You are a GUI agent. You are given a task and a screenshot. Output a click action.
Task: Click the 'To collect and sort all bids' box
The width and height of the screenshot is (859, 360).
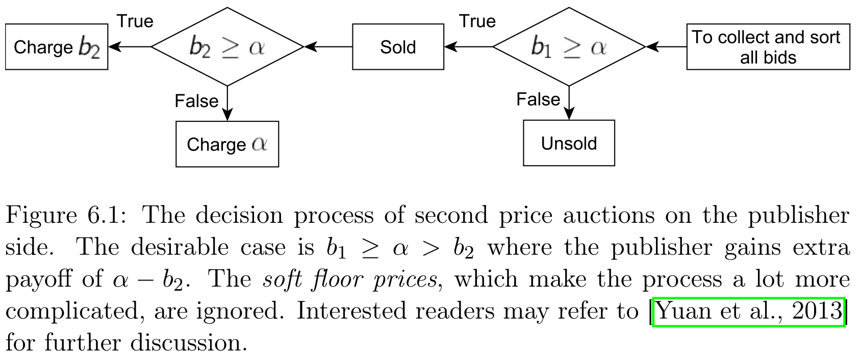(768, 47)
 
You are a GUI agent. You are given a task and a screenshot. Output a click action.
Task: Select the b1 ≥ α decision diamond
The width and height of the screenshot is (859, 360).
(569, 47)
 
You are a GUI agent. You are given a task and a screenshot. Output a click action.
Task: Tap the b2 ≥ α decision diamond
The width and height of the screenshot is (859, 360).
(228, 47)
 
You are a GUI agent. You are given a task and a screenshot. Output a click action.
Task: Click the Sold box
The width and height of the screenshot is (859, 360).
(398, 47)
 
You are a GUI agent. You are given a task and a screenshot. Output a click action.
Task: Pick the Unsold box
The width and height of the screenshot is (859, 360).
(569, 143)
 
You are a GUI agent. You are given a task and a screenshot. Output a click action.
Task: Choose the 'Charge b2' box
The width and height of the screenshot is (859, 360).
(56, 47)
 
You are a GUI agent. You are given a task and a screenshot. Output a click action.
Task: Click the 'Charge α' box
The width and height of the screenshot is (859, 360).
(227, 144)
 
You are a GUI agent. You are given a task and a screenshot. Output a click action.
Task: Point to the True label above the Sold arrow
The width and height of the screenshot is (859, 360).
(477, 21)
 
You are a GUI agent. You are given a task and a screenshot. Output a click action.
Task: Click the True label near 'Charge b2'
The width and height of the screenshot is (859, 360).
(135, 21)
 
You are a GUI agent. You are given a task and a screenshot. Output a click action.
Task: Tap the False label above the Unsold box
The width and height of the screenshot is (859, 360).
(538, 99)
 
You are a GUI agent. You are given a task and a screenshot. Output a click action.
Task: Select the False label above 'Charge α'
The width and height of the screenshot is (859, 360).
(196, 100)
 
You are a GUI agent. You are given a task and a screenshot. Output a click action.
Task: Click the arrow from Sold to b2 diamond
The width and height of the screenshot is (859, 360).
(329, 47)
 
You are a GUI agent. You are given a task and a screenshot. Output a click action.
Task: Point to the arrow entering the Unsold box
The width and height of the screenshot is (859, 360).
(569, 105)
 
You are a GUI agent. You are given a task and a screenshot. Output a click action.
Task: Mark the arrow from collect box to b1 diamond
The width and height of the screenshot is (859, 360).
(667, 47)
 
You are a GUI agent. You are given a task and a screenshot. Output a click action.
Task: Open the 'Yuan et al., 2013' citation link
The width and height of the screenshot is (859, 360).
(749, 311)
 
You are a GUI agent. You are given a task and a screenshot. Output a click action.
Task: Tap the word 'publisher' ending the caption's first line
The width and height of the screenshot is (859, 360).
(798, 216)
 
